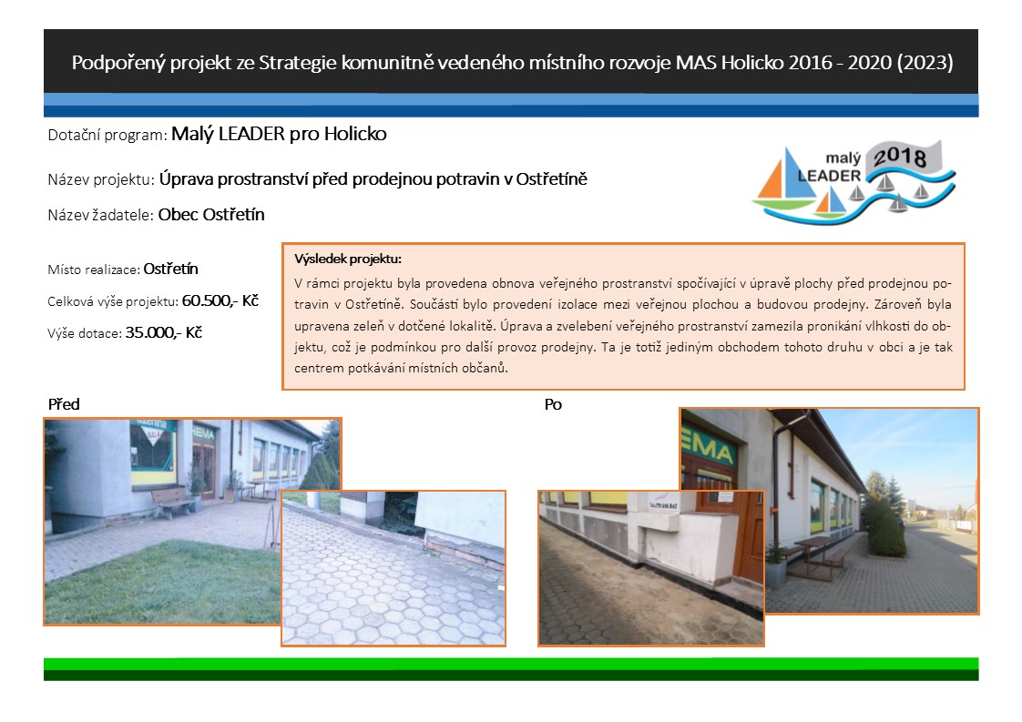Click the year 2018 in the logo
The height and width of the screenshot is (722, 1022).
(899, 157)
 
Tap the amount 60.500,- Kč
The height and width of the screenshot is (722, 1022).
(220, 300)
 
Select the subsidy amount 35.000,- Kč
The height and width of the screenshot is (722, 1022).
(164, 332)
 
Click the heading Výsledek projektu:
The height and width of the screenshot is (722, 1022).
(348, 259)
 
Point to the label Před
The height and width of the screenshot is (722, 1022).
(64, 404)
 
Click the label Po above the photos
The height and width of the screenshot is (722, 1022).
(553, 404)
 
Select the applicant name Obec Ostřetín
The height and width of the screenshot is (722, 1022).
(211, 214)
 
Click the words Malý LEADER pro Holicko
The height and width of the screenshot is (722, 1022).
(279, 134)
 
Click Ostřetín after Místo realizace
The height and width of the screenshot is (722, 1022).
(170, 269)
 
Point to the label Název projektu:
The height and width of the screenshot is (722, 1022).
(100, 179)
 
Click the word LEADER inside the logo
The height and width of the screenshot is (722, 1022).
(829, 176)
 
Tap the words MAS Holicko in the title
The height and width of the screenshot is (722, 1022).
(729, 63)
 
